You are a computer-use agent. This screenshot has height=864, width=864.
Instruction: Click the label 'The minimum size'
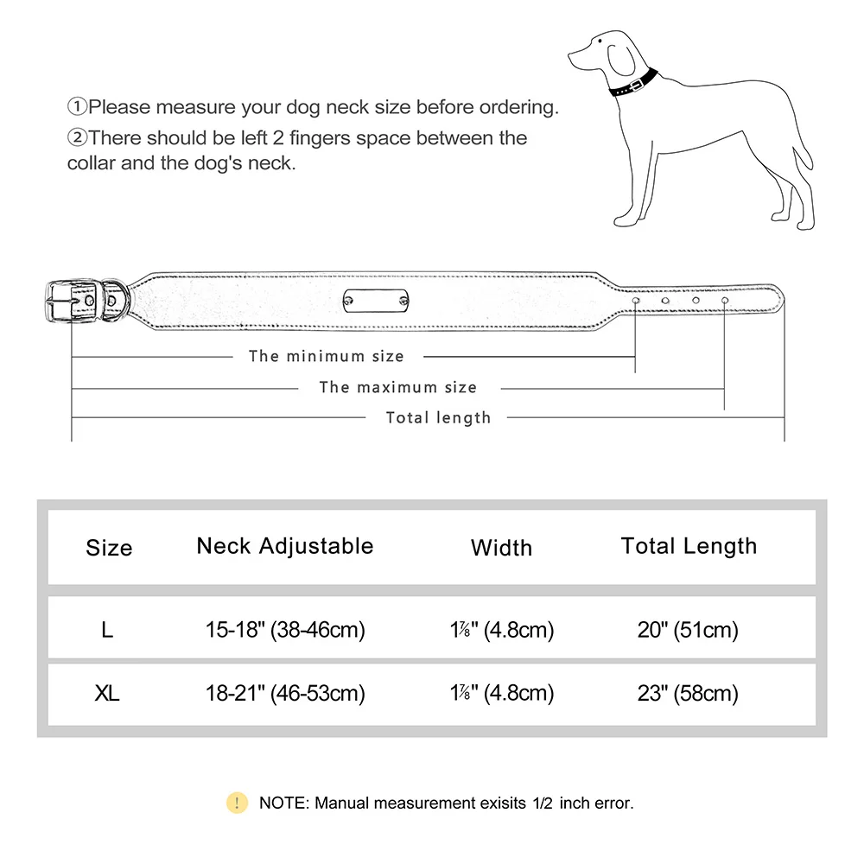click(x=326, y=356)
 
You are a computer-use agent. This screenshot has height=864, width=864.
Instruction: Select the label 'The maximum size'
click(x=397, y=387)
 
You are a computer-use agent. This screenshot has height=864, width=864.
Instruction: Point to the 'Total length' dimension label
click(x=438, y=418)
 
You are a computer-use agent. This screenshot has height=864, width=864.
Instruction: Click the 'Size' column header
click(x=109, y=548)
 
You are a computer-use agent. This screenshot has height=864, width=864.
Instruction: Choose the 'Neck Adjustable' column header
click(x=285, y=546)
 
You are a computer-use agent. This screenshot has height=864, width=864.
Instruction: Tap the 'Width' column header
click(x=501, y=548)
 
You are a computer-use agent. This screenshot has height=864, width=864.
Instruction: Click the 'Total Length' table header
click(x=689, y=546)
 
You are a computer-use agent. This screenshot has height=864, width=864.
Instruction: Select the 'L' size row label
click(x=107, y=630)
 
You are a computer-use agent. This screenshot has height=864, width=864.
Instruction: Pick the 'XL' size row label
click(x=107, y=694)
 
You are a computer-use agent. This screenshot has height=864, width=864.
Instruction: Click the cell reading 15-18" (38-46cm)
click(x=285, y=630)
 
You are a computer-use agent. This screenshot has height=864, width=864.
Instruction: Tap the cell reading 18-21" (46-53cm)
click(x=285, y=694)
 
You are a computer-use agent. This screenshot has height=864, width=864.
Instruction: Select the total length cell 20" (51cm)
click(x=688, y=630)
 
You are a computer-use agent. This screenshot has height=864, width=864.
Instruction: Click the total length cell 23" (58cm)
click(x=688, y=694)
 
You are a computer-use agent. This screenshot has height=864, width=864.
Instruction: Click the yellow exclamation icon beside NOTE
click(x=237, y=803)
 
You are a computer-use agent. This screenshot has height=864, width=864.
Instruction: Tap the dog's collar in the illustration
click(x=633, y=84)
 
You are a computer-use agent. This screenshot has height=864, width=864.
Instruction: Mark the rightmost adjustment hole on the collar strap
click(x=724, y=300)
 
